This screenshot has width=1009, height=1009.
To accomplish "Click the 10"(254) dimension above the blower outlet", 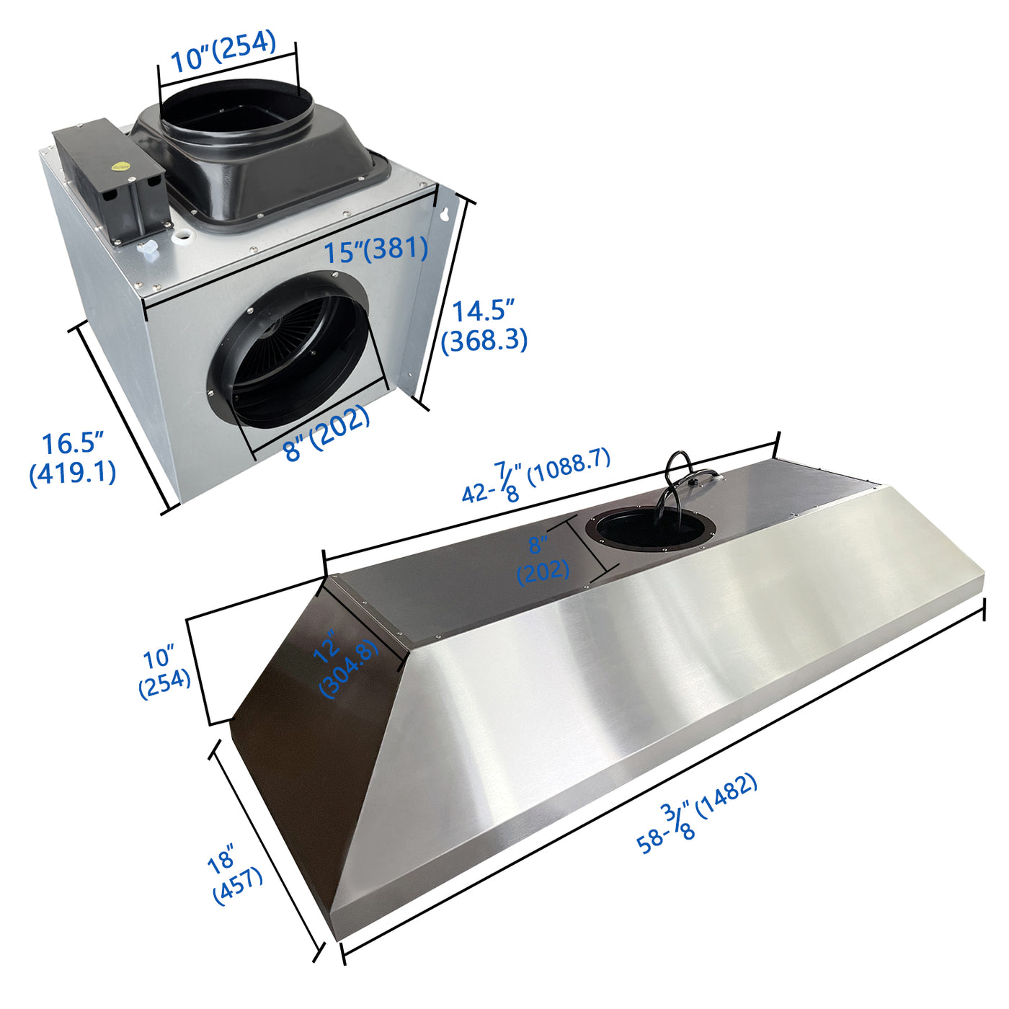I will point(223,52).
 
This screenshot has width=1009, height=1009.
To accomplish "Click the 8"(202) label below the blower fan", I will point(326,432).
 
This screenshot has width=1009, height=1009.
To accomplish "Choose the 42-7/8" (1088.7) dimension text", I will point(536,475).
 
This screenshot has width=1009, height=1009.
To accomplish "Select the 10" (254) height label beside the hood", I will point(164,672).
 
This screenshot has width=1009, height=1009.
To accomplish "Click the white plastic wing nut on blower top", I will point(148,249).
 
